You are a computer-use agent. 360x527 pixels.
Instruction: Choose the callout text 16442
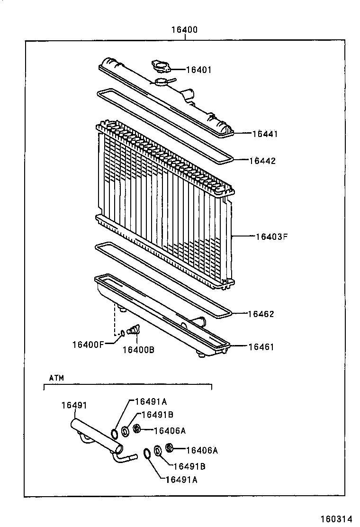[x=262, y=161]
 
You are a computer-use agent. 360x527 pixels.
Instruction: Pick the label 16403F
[x=271, y=236]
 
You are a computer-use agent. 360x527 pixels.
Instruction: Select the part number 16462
[x=261, y=314]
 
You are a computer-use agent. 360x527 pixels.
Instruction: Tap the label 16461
[x=261, y=347]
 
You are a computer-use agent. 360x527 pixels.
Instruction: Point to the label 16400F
[x=88, y=344]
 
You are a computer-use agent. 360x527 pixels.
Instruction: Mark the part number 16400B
[x=138, y=350]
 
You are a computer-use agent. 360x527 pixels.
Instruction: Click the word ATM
[x=56, y=378]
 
